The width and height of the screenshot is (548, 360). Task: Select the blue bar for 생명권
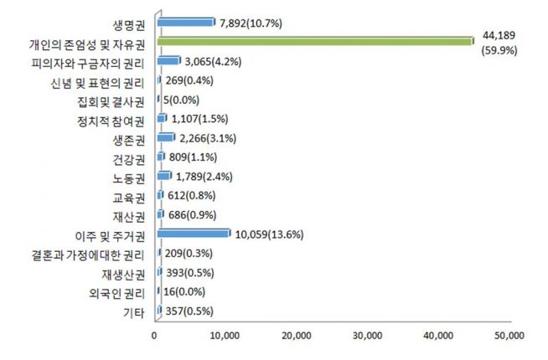185,22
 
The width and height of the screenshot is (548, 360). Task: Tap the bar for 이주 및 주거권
193,234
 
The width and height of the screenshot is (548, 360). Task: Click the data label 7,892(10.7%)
251,23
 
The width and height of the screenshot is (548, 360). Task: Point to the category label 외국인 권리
117,293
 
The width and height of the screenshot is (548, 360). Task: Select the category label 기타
133,313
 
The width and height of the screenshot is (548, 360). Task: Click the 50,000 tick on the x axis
509,337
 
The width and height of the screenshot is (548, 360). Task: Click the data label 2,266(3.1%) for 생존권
209,137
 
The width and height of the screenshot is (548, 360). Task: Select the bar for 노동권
163,176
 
